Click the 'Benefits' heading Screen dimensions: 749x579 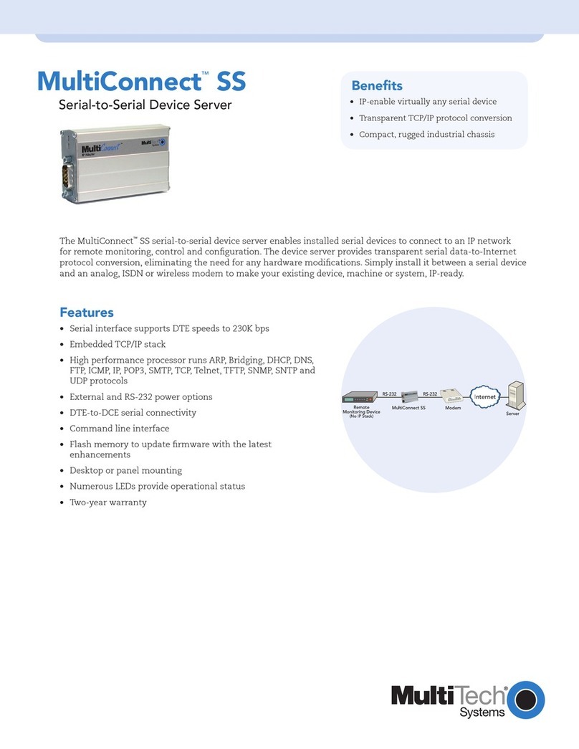(376, 85)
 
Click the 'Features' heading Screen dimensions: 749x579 (86, 313)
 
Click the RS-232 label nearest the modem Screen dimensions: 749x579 (430, 393)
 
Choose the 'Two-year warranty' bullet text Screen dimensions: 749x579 (107, 502)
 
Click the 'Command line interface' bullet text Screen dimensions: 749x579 (119, 429)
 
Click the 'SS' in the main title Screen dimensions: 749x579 (231, 82)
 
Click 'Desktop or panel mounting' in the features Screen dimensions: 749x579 (125, 470)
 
